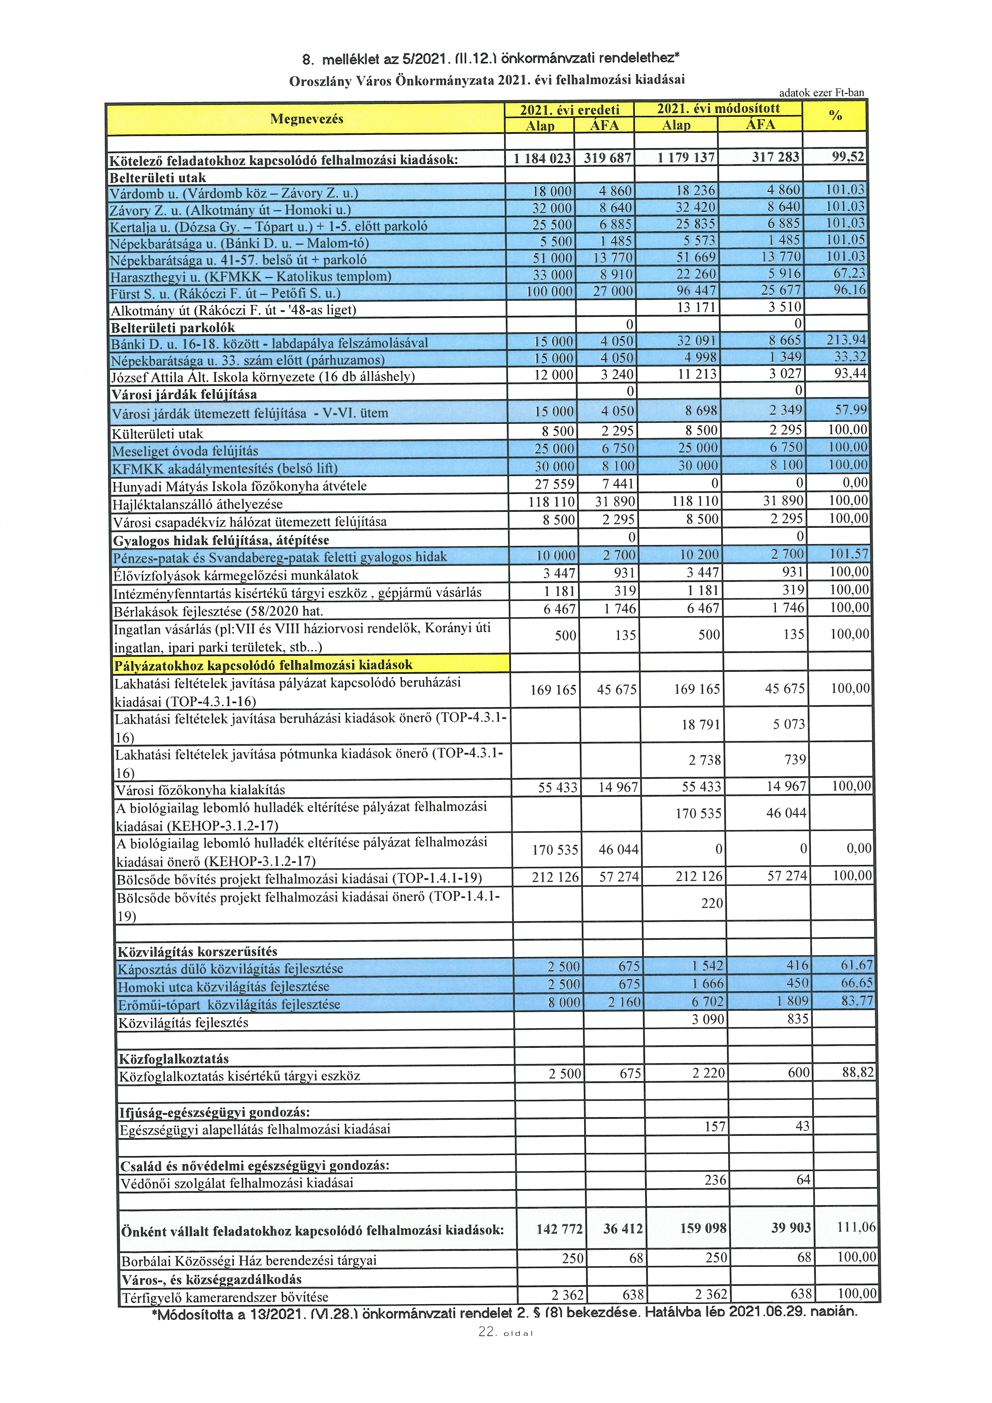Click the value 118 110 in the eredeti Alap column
pos(551,502)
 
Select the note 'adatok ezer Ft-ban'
pos(821,93)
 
